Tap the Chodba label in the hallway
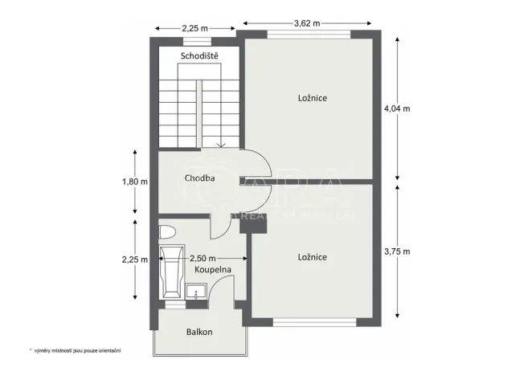(x=198, y=178)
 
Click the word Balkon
(x=199, y=331)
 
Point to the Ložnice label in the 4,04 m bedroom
(x=312, y=97)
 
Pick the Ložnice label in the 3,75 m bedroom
(x=312, y=257)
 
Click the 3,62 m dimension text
(x=306, y=23)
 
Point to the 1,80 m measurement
(x=134, y=182)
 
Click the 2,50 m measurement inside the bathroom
(x=203, y=259)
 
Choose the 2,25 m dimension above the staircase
(x=195, y=29)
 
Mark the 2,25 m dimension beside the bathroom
(x=134, y=260)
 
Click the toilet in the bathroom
(x=167, y=233)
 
